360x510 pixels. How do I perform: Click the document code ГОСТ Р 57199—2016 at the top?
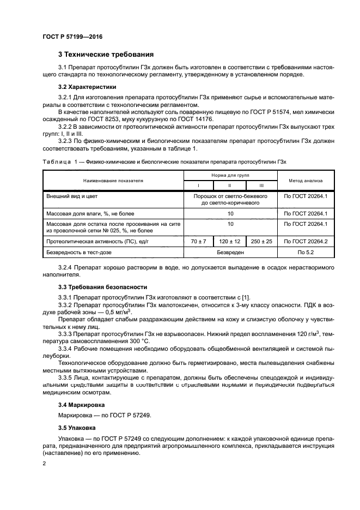coord(72,37)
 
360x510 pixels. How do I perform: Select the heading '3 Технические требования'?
coord(106,55)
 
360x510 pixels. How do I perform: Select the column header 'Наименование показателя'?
coord(113,180)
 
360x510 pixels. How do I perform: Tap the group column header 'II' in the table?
coord(230,185)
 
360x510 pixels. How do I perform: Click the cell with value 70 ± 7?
coord(198,241)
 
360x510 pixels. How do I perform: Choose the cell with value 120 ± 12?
coord(230,241)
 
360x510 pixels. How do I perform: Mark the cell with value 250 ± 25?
coord(261,241)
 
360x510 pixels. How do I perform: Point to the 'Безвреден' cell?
coord(230,253)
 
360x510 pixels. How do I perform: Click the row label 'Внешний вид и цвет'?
coord(72,195)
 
